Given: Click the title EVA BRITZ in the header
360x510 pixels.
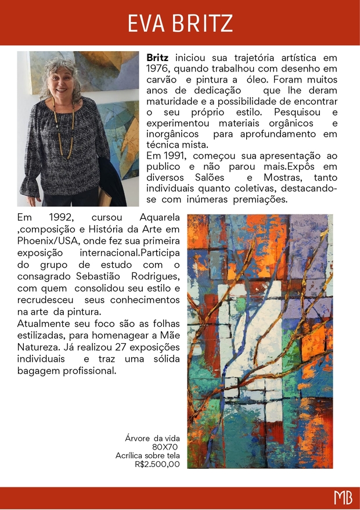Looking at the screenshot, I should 180,23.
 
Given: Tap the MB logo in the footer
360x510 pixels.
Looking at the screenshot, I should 343,498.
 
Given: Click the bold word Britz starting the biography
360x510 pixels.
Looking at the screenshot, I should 157,58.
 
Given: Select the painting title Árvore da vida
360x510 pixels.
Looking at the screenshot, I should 153,438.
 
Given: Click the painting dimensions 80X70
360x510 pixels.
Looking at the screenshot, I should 165,447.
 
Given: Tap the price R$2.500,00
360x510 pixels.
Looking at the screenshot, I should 157,464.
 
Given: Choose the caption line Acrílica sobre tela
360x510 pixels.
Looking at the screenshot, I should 147,455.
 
